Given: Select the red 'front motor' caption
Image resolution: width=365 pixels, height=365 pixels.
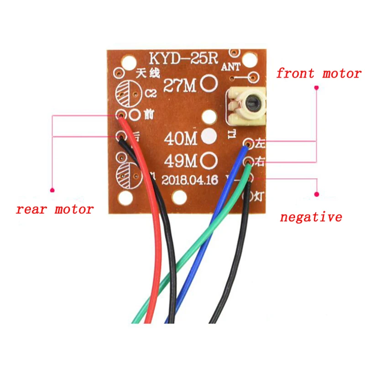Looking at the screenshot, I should click(x=318, y=73).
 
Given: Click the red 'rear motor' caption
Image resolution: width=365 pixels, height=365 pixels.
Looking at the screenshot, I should click(x=55, y=209).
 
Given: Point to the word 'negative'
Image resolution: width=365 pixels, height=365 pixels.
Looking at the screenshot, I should click(x=311, y=217).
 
